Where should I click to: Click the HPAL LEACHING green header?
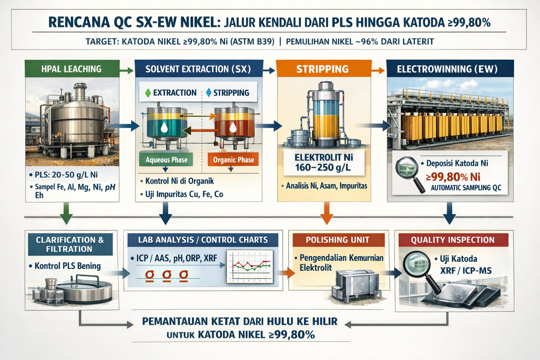(x=72, y=69)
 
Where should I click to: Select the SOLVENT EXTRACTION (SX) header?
(x=198, y=69)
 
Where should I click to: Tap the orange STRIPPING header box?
(x=323, y=69)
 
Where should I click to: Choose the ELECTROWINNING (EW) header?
(x=447, y=69)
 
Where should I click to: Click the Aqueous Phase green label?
(x=166, y=160)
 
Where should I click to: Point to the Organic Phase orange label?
(x=233, y=160)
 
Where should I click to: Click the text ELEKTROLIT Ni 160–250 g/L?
(x=323, y=162)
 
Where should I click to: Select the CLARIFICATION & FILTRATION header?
(x=70, y=244)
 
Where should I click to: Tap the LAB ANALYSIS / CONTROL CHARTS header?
(x=203, y=240)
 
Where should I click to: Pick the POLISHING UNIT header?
(x=337, y=240)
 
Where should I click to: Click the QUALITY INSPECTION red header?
(x=452, y=240)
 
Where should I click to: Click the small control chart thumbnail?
(x=250, y=266)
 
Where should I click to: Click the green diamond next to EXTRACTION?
(x=148, y=93)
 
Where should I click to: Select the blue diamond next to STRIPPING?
(x=209, y=93)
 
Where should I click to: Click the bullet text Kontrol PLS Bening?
(x=67, y=266)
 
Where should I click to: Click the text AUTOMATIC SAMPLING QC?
(x=466, y=188)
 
